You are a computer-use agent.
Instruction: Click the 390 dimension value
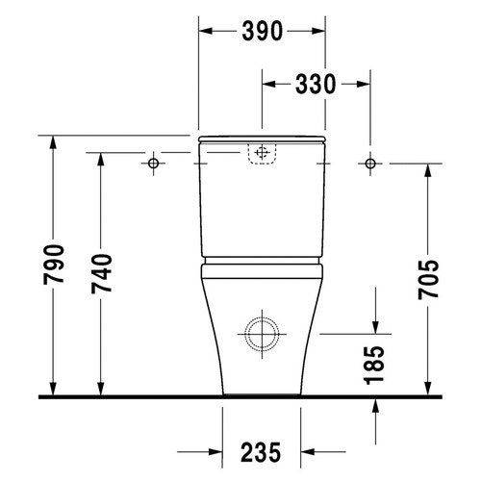click(x=261, y=32)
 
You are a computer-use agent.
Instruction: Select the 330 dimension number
click(x=314, y=84)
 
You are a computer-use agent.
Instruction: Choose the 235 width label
click(x=262, y=451)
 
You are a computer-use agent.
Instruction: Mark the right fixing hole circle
click(x=369, y=165)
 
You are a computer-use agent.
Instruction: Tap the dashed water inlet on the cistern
click(x=262, y=153)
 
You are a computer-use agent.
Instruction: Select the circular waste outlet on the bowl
click(x=261, y=333)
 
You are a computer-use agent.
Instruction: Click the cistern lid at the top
click(x=261, y=139)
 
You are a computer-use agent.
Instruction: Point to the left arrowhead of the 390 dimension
click(x=205, y=32)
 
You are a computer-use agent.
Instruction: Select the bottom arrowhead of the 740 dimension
click(x=102, y=389)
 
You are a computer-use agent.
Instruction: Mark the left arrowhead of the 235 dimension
click(x=215, y=451)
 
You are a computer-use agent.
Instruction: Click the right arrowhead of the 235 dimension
click(x=308, y=451)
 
